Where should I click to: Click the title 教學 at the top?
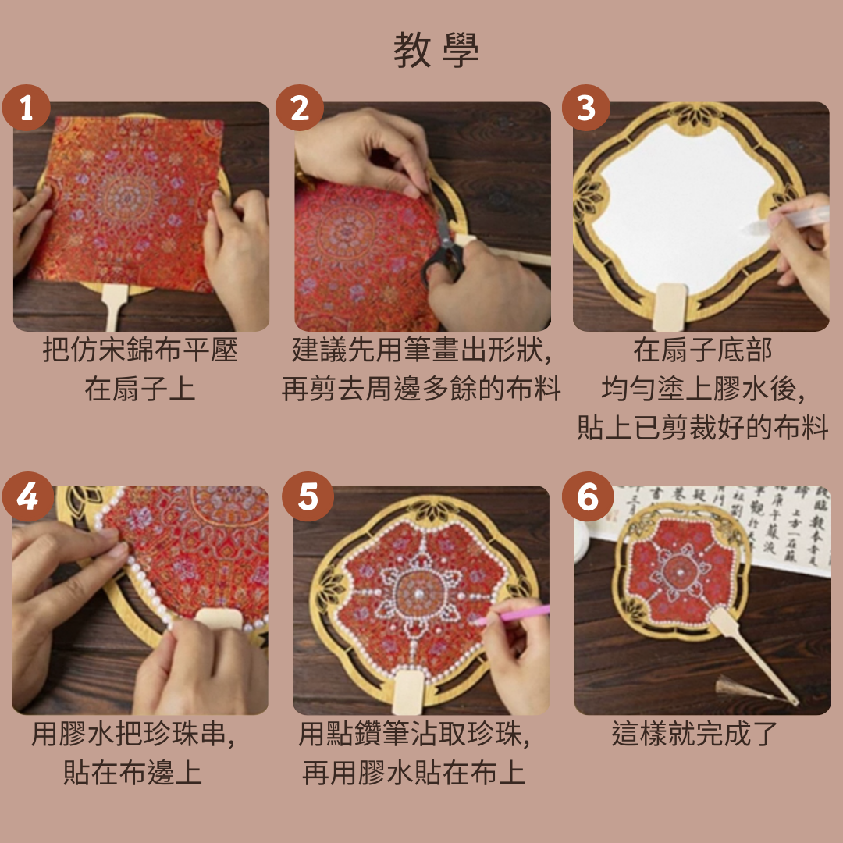click(x=436, y=50)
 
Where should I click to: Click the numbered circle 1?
click(x=26, y=108)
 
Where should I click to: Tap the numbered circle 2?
click(x=300, y=108)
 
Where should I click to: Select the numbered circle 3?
click(x=586, y=108)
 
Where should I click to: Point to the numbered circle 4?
click(x=27, y=496)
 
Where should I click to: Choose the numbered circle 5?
click(x=308, y=496)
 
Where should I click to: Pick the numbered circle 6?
click(x=588, y=496)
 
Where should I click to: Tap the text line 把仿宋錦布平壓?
click(x=140, y=350)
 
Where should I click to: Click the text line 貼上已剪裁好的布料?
click(x=702, y=429)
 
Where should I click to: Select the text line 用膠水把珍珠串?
click(x=133, y=735)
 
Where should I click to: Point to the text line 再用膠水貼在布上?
click(x=414, y=774)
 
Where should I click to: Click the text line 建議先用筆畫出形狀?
click(x=422, y=350)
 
